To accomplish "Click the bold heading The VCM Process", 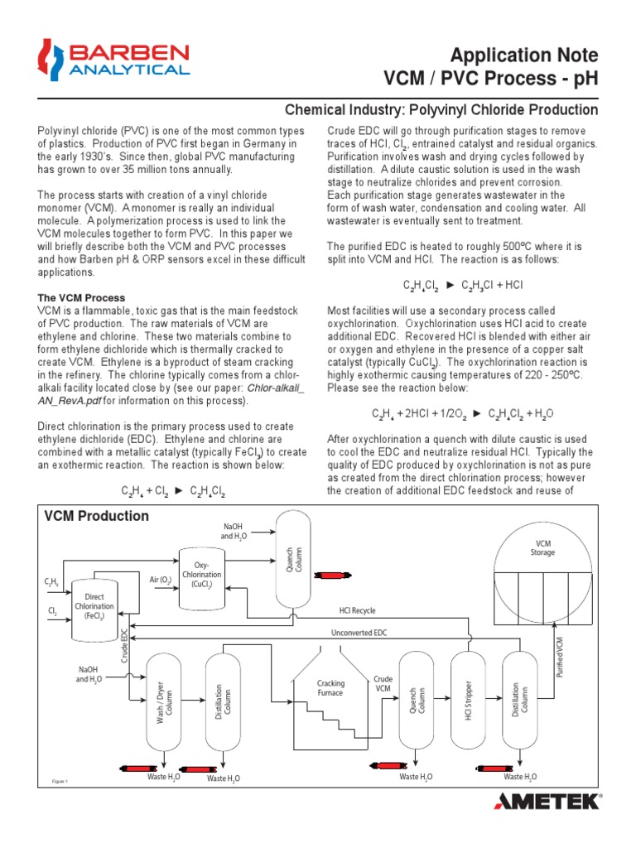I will tap(82, 297).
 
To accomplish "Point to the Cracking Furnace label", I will tap(330, 687).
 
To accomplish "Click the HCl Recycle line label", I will tap(357, 610).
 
